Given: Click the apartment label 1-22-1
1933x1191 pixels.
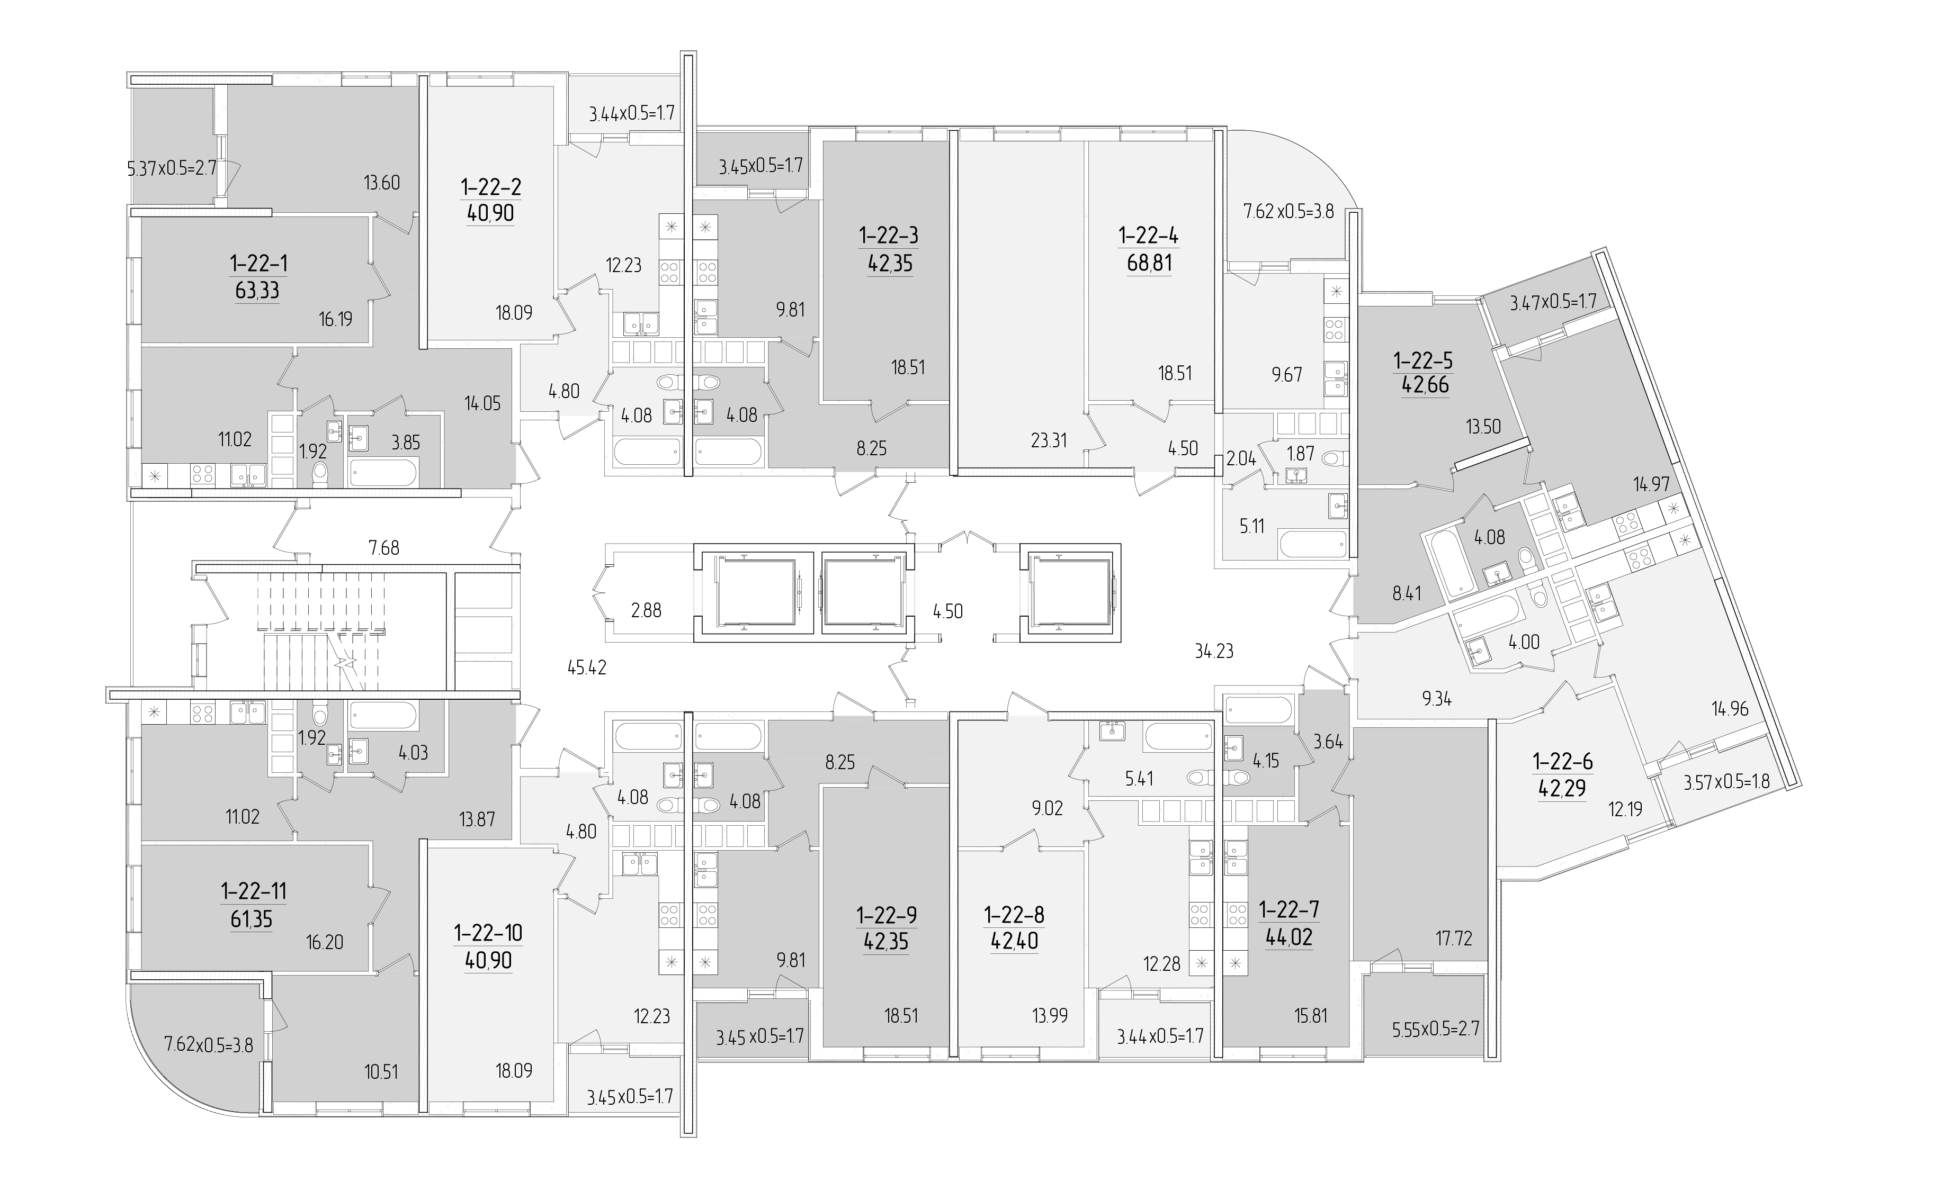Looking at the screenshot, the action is (x=258, y=263).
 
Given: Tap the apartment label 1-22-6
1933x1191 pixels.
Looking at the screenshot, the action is (x=1562, y=762).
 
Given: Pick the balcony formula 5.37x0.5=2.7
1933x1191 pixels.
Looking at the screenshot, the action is (x=172, y=168).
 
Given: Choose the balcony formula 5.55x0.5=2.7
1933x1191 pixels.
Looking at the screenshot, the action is (x=1436, y=1028).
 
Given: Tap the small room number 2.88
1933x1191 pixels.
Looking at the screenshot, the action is (x=646, y=610).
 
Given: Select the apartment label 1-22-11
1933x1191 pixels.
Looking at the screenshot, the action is (x=254, y=891).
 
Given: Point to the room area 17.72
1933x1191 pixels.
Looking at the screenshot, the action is (x=1453, y=938).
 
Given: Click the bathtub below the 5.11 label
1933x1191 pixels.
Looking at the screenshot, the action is (x=1313, y=544).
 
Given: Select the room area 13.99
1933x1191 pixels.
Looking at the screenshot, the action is (x=1050, y=1015).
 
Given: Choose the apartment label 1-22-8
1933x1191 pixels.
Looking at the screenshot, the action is (x=1014, y=915).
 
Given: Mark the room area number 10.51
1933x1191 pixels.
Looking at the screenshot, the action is (x=381, y=1072).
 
